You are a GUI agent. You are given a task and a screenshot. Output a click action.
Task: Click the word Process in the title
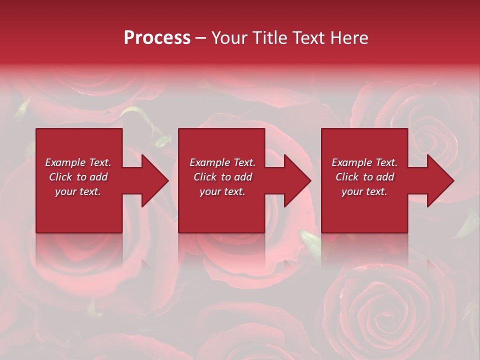pos(157,38)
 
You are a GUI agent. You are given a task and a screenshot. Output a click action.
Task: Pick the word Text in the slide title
pos(310,38)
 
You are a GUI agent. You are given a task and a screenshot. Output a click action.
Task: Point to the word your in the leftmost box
pos(65,191)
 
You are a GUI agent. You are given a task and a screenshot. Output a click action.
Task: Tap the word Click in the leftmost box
pos(61,177)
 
